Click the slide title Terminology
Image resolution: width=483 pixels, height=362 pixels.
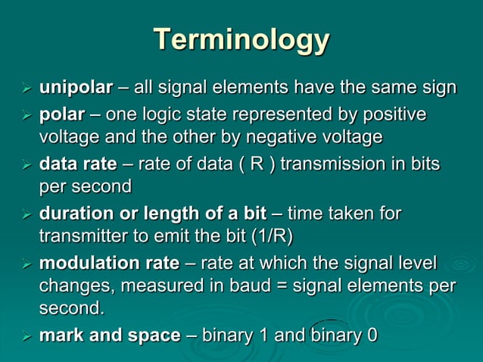pyautogui.click(x=241, y=39)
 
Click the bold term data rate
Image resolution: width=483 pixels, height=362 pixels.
pyautogui.click(x=77, y=164)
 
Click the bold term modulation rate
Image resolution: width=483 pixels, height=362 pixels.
pyautogui.click(x=109, y=264)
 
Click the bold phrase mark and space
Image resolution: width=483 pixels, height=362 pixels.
pyautogui.click(x=109, y=335)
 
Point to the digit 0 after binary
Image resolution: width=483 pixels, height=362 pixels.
pyautogui.click(x=372, y=335)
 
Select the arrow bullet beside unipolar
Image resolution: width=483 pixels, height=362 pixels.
pyautogui.click(x=25, y=89)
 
